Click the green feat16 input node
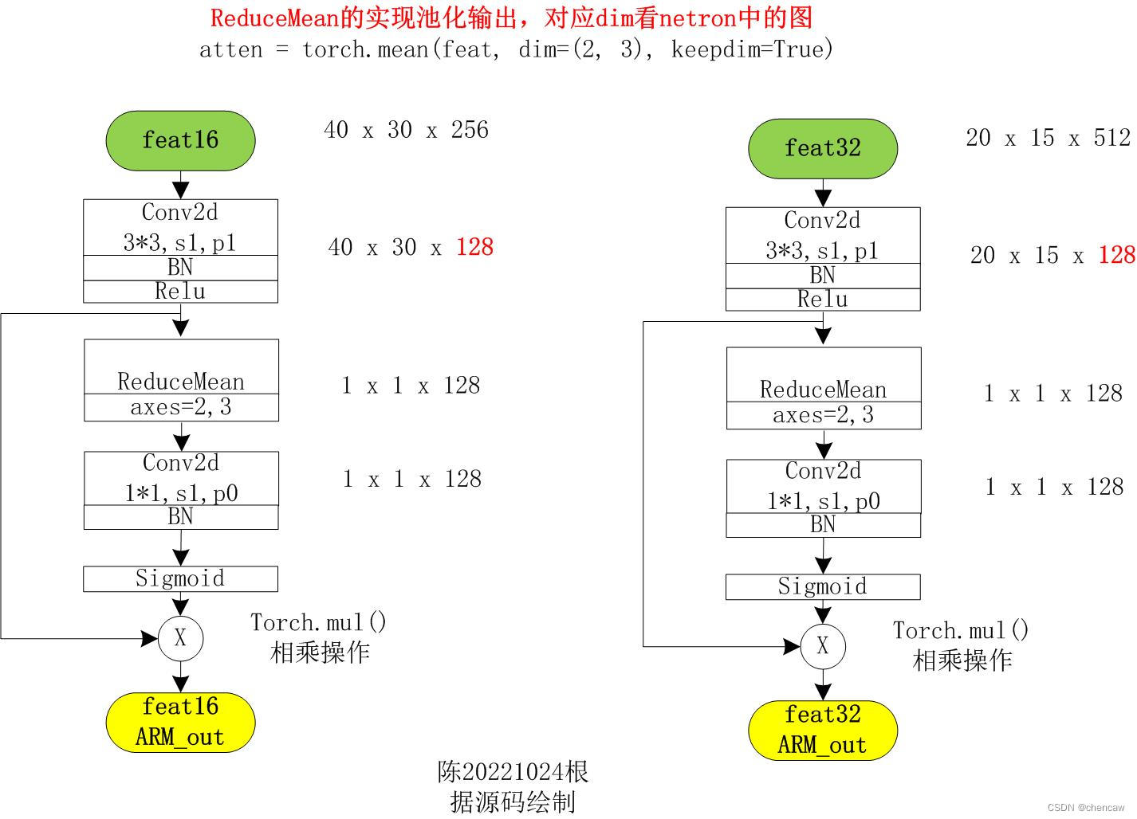coord(180,140)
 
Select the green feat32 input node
coord(822,148)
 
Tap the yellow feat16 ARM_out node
coord(180,722)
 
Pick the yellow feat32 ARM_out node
coord(822,730)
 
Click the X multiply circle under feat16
coord(180,638)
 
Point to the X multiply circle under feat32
coord(822,646)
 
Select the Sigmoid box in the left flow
coord(180,578)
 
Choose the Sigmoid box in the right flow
coord(822,586)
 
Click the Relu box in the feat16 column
coord(180,292)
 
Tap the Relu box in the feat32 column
coord(822,300)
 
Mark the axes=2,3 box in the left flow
coord(181,407)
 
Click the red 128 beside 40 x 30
coord(474,247)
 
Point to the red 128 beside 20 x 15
coord(1116,255)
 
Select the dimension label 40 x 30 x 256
coord(406,130)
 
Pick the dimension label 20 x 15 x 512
coord(1048,138)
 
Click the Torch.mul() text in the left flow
coord(318,622)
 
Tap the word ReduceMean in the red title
coord(274,18)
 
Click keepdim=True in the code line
coord(752,49)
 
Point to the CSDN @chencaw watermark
coord(1086,807)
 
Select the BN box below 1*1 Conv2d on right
coord(823,525)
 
